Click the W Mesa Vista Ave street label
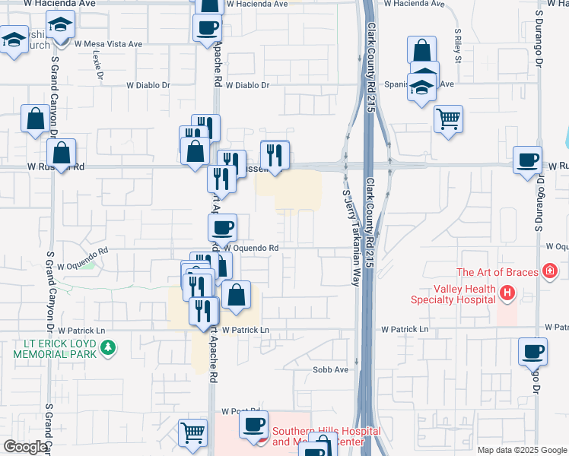point(108,44)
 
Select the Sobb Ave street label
point(330,370)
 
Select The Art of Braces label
point(497,272)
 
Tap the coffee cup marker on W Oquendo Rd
point(223,226)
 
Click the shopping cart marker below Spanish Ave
point(449,119)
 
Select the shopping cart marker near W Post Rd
point(193,432)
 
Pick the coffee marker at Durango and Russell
point(528,160)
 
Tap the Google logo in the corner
point(25,447)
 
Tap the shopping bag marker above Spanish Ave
point(421,51)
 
